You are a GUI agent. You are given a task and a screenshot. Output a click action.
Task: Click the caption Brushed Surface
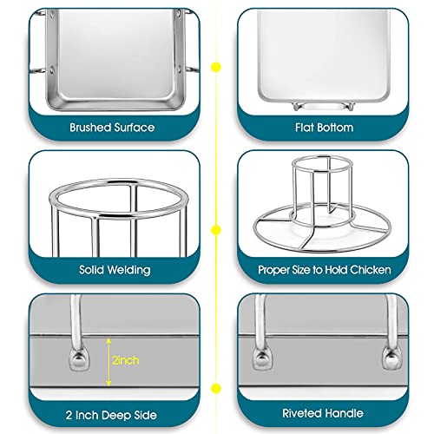(x=112, y=127)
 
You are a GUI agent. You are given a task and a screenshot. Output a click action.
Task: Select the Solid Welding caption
(x=112, y=270)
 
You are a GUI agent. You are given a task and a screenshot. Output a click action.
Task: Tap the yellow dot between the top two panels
(x=217, y=65)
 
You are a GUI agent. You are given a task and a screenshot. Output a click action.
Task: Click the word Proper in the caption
(x=275, y=270)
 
